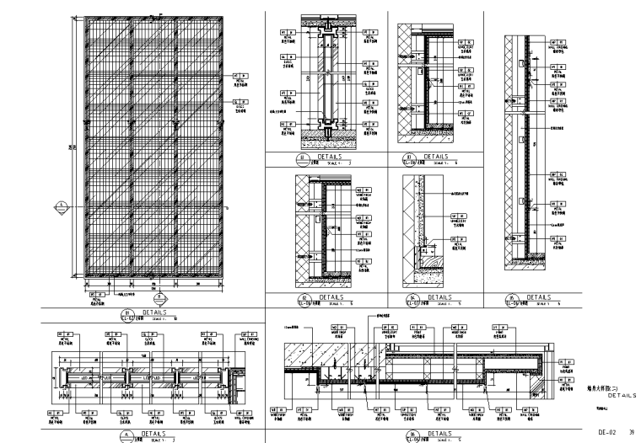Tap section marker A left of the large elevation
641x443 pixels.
pos(62,205)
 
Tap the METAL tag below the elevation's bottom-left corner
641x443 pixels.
pos(98,297)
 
